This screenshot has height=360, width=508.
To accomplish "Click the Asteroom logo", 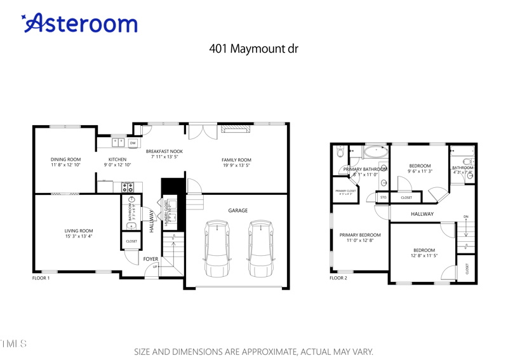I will [80, 23].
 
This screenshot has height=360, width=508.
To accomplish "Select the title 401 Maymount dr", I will [253, 48].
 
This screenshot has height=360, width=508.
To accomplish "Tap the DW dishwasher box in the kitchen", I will [133, 143].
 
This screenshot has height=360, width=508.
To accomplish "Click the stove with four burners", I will [128, 187].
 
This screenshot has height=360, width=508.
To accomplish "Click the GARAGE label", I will [238, 211].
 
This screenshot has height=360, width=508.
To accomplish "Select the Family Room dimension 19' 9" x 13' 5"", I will [236, 166].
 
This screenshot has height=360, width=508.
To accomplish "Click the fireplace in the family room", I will [236, 130].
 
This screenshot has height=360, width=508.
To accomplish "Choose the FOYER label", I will [150, 259].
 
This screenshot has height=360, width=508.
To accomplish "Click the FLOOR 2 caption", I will [338, 278].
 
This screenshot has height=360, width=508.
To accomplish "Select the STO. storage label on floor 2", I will [384, 197].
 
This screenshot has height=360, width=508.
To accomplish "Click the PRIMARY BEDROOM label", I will [359, 235].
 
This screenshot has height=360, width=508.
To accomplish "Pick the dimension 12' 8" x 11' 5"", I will [424, 256].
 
